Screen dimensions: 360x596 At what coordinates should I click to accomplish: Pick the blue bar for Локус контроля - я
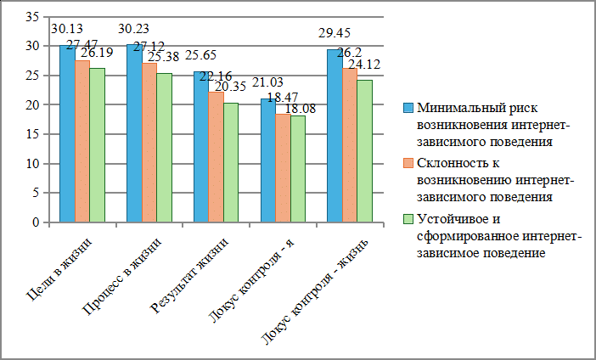267,160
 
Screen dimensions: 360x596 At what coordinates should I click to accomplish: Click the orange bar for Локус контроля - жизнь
350,145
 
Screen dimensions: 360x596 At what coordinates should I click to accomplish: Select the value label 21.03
268,82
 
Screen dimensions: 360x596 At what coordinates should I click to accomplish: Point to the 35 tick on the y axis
33,17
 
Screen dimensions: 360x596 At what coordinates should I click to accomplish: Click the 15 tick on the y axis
33,134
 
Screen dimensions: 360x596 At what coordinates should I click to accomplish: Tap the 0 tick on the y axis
37,222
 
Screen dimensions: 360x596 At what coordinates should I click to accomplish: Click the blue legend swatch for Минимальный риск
408,108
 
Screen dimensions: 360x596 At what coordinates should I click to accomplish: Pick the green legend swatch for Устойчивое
408,220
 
